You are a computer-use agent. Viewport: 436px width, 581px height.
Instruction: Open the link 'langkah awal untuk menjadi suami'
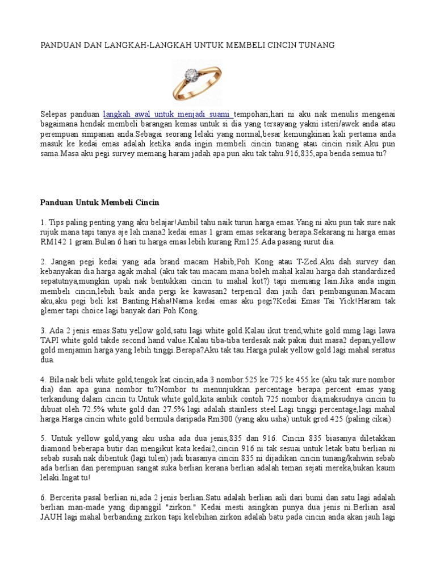pos(167,113)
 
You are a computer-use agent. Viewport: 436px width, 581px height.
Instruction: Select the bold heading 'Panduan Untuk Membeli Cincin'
pos(100,203)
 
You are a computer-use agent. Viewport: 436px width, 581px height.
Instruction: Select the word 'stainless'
pos(257,409)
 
